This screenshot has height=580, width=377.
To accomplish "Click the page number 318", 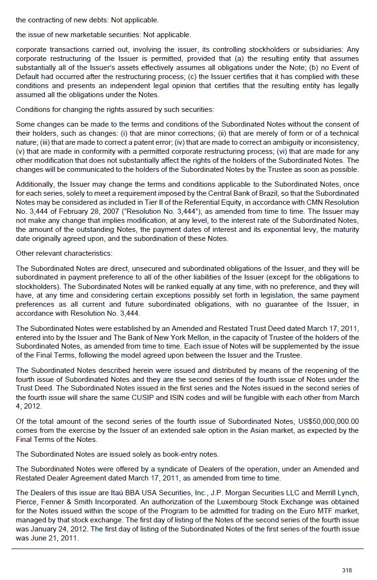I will point(347,570).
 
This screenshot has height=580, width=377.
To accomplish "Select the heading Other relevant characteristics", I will point(64,253).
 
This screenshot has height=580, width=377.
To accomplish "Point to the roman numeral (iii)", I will point(46,142).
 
